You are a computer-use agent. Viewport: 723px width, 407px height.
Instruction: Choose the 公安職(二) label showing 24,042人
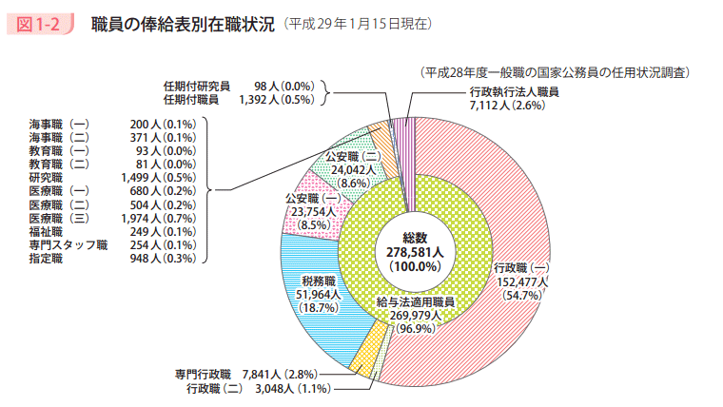(x=354, y=168)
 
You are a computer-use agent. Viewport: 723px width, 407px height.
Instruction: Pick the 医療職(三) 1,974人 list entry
(x=112, y=218)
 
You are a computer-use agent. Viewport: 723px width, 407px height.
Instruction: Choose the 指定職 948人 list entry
(x=112, y=258)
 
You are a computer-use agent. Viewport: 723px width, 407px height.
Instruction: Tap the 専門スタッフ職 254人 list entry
(x=112, y=244)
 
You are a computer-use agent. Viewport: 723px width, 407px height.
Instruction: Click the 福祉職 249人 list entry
(x=112, y=231)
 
